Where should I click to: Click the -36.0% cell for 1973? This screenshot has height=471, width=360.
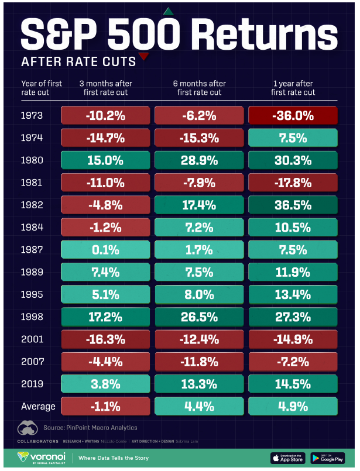[x=293, y=116]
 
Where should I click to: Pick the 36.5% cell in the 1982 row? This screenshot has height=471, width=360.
[x=293, y=206]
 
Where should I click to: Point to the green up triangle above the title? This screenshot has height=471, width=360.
[x=168, y=11]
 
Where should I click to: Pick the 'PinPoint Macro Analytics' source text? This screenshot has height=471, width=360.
[x=96, y=429]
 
